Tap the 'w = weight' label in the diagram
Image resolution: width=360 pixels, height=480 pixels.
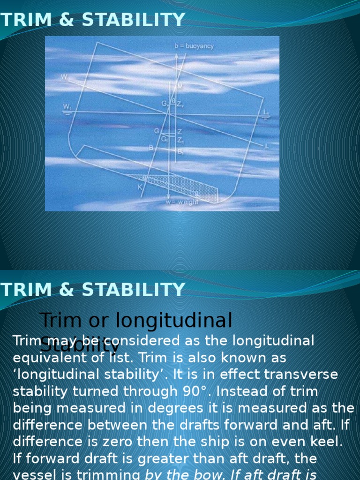[182, 202]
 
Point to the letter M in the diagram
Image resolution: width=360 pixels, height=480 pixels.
[180, 86]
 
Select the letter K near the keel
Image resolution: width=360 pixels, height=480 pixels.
[139, 186]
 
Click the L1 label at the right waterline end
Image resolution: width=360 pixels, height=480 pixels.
[266, 112]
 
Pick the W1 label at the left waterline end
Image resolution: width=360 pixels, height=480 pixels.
[67, 107]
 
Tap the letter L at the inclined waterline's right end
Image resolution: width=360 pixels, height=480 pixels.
[267, 146]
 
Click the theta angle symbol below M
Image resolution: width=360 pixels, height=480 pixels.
[174, 101]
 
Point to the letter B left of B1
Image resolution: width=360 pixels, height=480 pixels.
[151, 148]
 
